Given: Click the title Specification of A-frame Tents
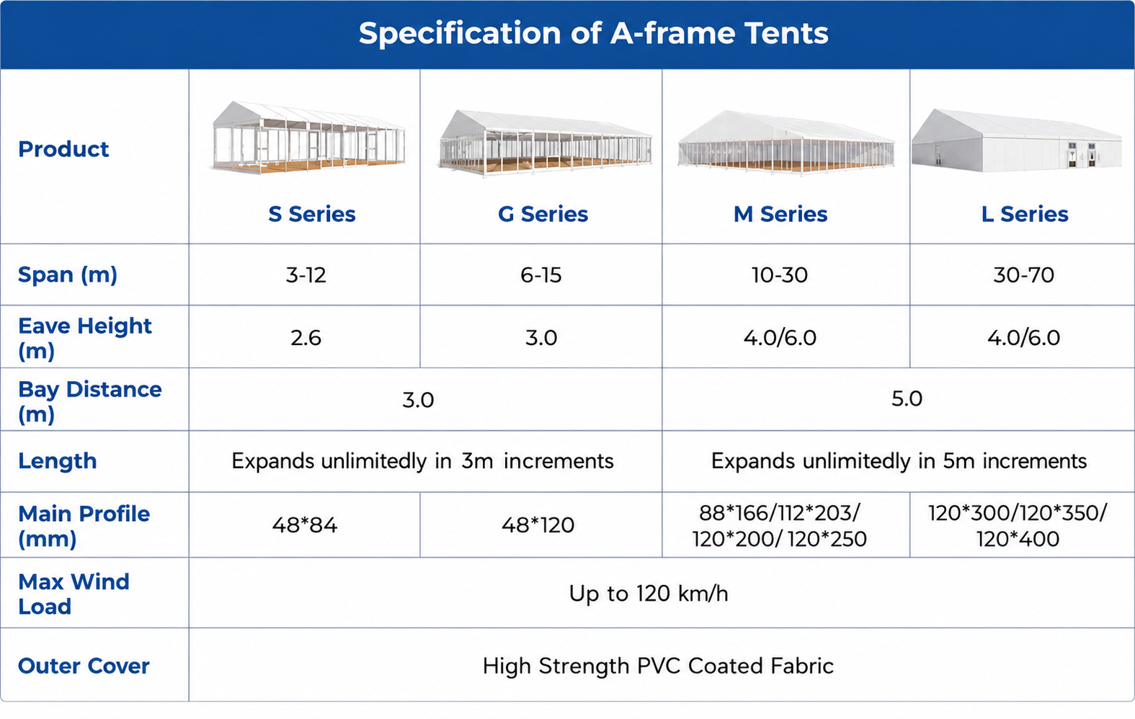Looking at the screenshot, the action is tap(593, 33).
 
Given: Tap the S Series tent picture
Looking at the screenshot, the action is tap(308, 138).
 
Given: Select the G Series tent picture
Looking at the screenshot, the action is tap(545, 143).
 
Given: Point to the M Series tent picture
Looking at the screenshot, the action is tap(785, 143).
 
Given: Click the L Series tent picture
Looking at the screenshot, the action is tap(1016, 140).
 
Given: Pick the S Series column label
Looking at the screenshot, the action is tap(311, 215).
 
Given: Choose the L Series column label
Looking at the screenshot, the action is tap(1025, 215).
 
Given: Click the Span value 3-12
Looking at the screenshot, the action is tap(306, 275).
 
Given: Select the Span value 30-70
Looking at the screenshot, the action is tap(1023, 275).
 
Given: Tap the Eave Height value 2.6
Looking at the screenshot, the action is tap(306, 338).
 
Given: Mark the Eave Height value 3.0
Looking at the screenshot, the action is tap(541, 338).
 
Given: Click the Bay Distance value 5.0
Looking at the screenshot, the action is tap(907, 399).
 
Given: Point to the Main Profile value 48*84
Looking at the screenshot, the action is tap(305, 525).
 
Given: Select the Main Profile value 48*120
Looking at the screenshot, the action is tap(538, 525).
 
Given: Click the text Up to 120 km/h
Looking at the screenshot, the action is tap(648, 594).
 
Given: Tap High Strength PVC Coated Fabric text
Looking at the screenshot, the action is tap(658, 666).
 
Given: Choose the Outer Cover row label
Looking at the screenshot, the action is tap(84, 666).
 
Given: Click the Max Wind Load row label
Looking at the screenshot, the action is tap(74, 594).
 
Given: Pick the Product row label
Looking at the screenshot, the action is tap(63, 149).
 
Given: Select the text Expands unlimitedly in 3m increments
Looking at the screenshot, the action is tap(422, 462).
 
